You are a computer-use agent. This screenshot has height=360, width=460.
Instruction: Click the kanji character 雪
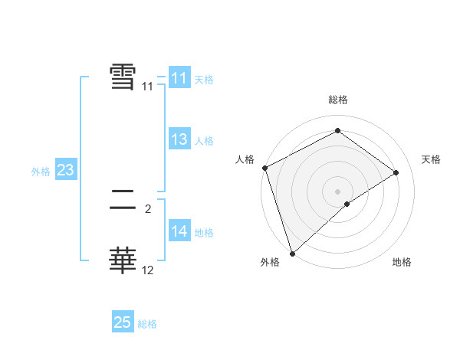click(x=123, y=77)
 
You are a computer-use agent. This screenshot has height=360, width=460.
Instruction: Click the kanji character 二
click(x=123, y=202)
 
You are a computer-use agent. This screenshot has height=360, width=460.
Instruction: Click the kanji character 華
click(x=123, y=260)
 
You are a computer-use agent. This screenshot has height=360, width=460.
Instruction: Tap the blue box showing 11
click(x=179, y=78)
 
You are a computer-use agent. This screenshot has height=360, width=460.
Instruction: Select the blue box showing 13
click(x=179, y=139)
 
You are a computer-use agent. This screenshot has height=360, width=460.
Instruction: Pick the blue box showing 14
click(x=179, y=231)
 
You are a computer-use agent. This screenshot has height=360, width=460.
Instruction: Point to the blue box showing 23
click(x=65, y=170)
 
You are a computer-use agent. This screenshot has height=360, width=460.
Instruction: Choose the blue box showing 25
click(x=123, y=322)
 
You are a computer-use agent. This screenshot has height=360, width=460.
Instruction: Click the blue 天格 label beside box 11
click(x=204, y=80)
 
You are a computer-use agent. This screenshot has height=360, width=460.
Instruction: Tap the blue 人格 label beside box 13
click(x=204, y=141)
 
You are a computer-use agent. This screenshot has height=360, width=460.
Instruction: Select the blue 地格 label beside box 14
click(x=204, y=233)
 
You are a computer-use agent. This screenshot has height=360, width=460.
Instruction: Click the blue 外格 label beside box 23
click(x=41, y=172)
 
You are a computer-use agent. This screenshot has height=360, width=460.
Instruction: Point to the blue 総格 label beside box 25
click(x=147, y=324)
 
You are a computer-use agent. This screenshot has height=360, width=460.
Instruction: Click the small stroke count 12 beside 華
click(x=148, y=270)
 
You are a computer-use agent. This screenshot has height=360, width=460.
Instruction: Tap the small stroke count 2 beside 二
click(x=148, y=208)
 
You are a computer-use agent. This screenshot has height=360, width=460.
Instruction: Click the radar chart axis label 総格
click(x=337, y=100)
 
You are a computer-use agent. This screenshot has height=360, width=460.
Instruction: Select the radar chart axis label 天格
click(x=432, y=159)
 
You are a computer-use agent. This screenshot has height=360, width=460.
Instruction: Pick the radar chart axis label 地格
click(x=402, y=262)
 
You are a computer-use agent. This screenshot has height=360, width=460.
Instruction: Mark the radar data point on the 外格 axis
click(x=292, y=252)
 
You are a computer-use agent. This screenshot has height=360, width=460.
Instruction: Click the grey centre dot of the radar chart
click(x=337, y=191)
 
